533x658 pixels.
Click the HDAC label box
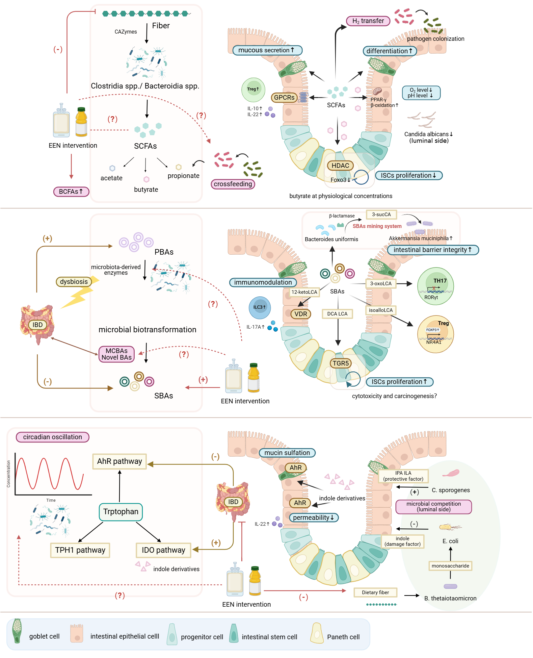click(x=340, y=165)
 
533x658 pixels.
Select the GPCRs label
click(x=284, y=97)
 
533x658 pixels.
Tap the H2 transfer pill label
click(x=368, y=21)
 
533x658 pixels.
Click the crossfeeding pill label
click(x=233, y=184)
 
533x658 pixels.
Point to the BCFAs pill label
click(x=71, y=191)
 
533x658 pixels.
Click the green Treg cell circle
click(x=253, y=89)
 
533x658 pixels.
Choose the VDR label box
click(x=301, y=314)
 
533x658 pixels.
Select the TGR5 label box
click(x=340, y=363)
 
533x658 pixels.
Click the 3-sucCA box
click(x=381, y=215)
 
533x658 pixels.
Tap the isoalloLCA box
click(x=381, y=310)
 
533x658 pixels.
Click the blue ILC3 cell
click(x=259, y=307)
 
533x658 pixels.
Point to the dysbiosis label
click(x=74, y=282)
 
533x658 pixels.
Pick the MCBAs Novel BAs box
click(x=117, y=354)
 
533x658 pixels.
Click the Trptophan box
click(x=120, y=512)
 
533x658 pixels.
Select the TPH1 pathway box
click(x=80, y=550)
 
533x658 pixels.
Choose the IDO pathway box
click(x=163, y=550)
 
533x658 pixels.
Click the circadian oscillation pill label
click(x=53, y=437)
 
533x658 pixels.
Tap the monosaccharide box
click(x=450, y=566)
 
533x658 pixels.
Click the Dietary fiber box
click(x=375, y=592)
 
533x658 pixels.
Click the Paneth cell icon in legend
click(x=317, y=633)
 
